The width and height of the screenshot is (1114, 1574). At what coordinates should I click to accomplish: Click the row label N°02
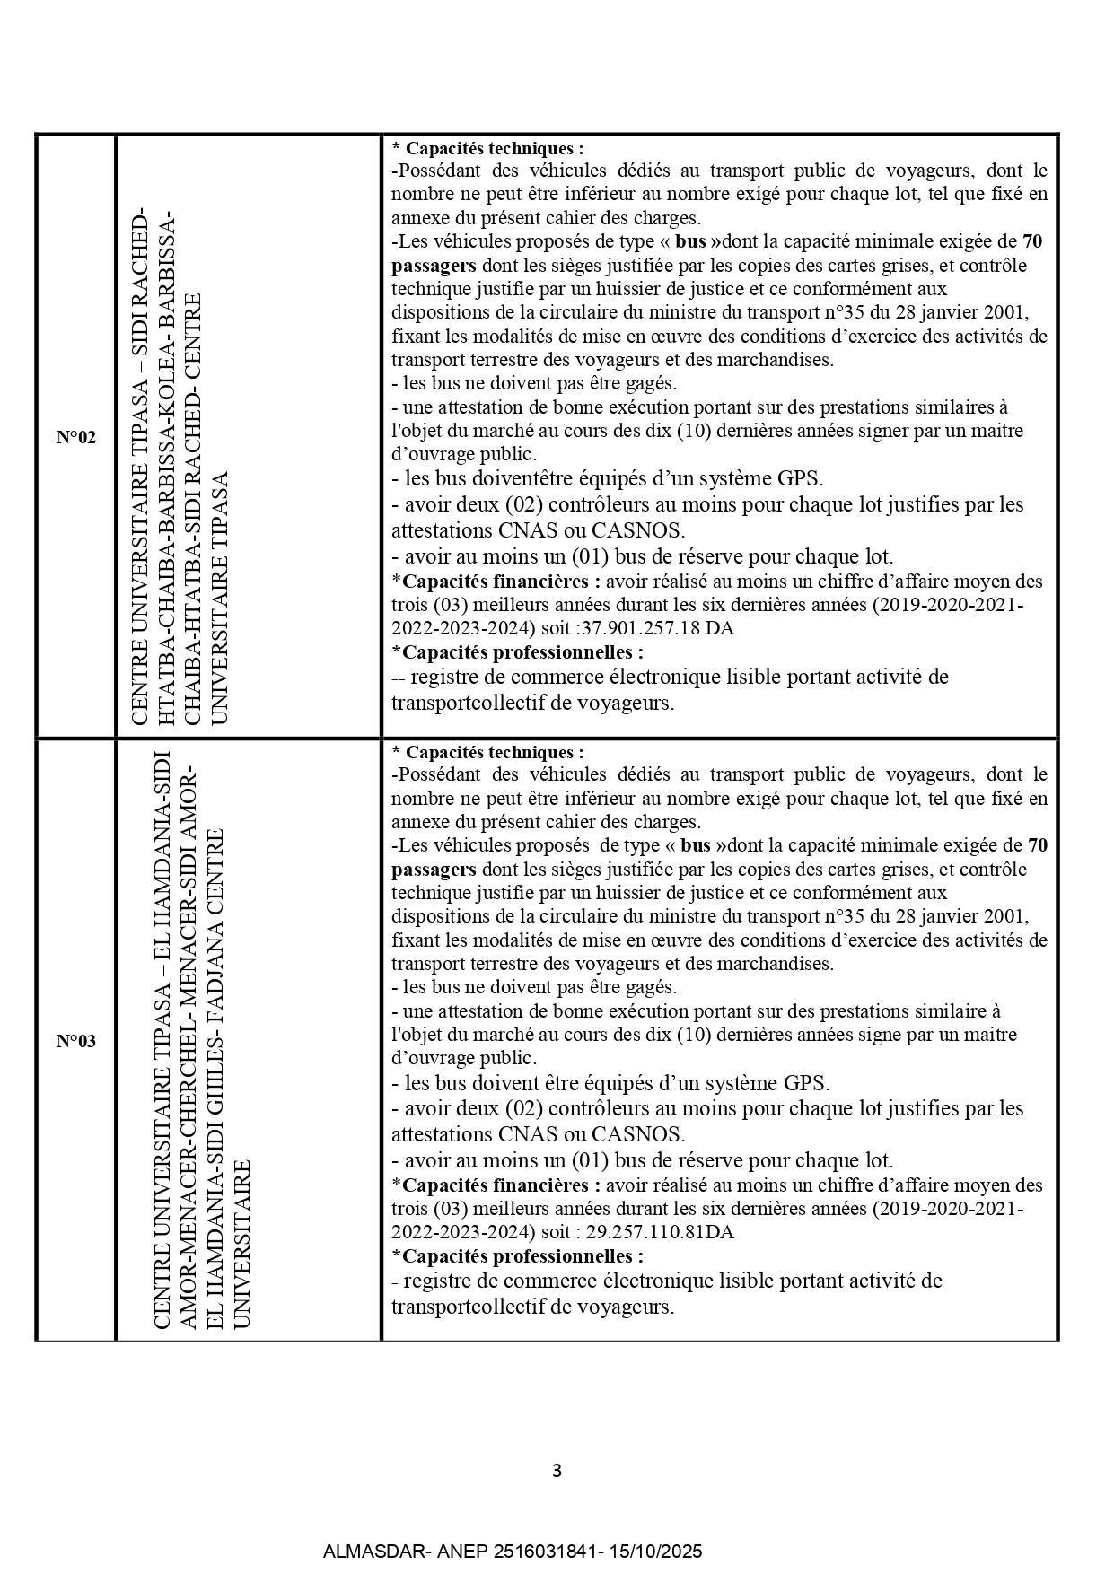tap(75, 438)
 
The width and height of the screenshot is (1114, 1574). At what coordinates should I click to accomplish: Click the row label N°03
tap(75, 1041)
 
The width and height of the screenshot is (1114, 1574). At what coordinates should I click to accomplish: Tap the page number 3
tap(557, 1471)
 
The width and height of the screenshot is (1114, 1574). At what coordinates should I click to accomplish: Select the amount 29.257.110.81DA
tap(658, 1232)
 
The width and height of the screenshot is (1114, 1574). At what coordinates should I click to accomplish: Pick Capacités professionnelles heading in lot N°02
tap(522, 652)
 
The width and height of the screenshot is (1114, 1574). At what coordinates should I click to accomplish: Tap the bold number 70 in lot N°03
tap(1037, 845)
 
